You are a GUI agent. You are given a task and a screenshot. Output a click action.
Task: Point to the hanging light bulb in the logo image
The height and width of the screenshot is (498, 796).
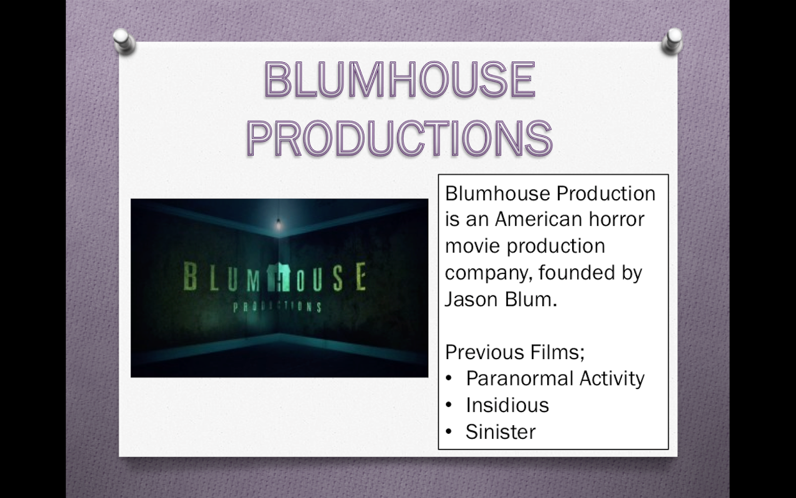279,224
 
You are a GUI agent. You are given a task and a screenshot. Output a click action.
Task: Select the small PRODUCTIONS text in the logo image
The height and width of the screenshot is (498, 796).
278,306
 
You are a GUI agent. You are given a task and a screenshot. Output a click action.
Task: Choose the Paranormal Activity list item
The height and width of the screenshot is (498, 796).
555,378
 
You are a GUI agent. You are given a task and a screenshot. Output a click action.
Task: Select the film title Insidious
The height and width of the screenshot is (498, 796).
507,405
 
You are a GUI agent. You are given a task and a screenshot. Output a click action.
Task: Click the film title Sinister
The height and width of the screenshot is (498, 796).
500,432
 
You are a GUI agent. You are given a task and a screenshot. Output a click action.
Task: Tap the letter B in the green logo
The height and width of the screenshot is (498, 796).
190,277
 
